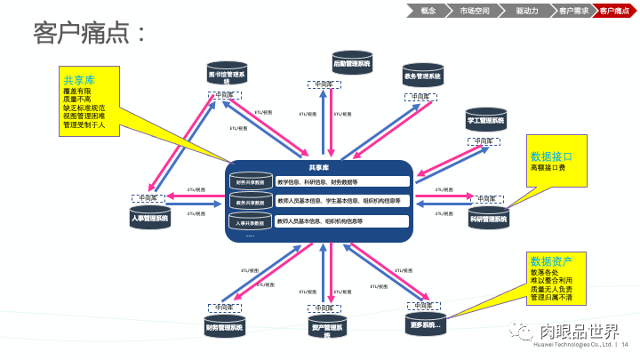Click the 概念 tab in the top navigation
click(x=428, y=11)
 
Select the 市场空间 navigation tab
click(x=474, y=11)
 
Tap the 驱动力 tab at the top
click(x=527, y=11)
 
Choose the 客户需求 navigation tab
click(x=573, y=11)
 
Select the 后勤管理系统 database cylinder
click(x=351, y=65)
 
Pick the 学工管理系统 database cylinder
click(x=485, y=120)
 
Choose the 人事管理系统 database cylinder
click(x=149, y=218)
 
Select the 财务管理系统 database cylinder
click(x=224, y=327)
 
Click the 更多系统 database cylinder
click(x=426, y=325)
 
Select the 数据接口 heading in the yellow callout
click(x=551, y=156)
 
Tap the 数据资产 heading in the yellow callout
click(x=551, y=261)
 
